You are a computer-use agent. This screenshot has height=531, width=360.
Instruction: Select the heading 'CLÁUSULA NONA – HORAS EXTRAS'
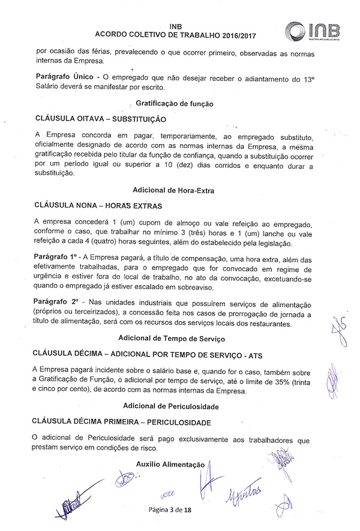click(94, 206)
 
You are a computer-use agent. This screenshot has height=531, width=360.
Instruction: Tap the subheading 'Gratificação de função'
click(175, 103)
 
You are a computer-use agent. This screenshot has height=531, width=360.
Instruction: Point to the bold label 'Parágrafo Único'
click(64, 78)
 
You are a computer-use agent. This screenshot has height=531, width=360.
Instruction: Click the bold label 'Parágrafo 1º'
click(58, 257)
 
